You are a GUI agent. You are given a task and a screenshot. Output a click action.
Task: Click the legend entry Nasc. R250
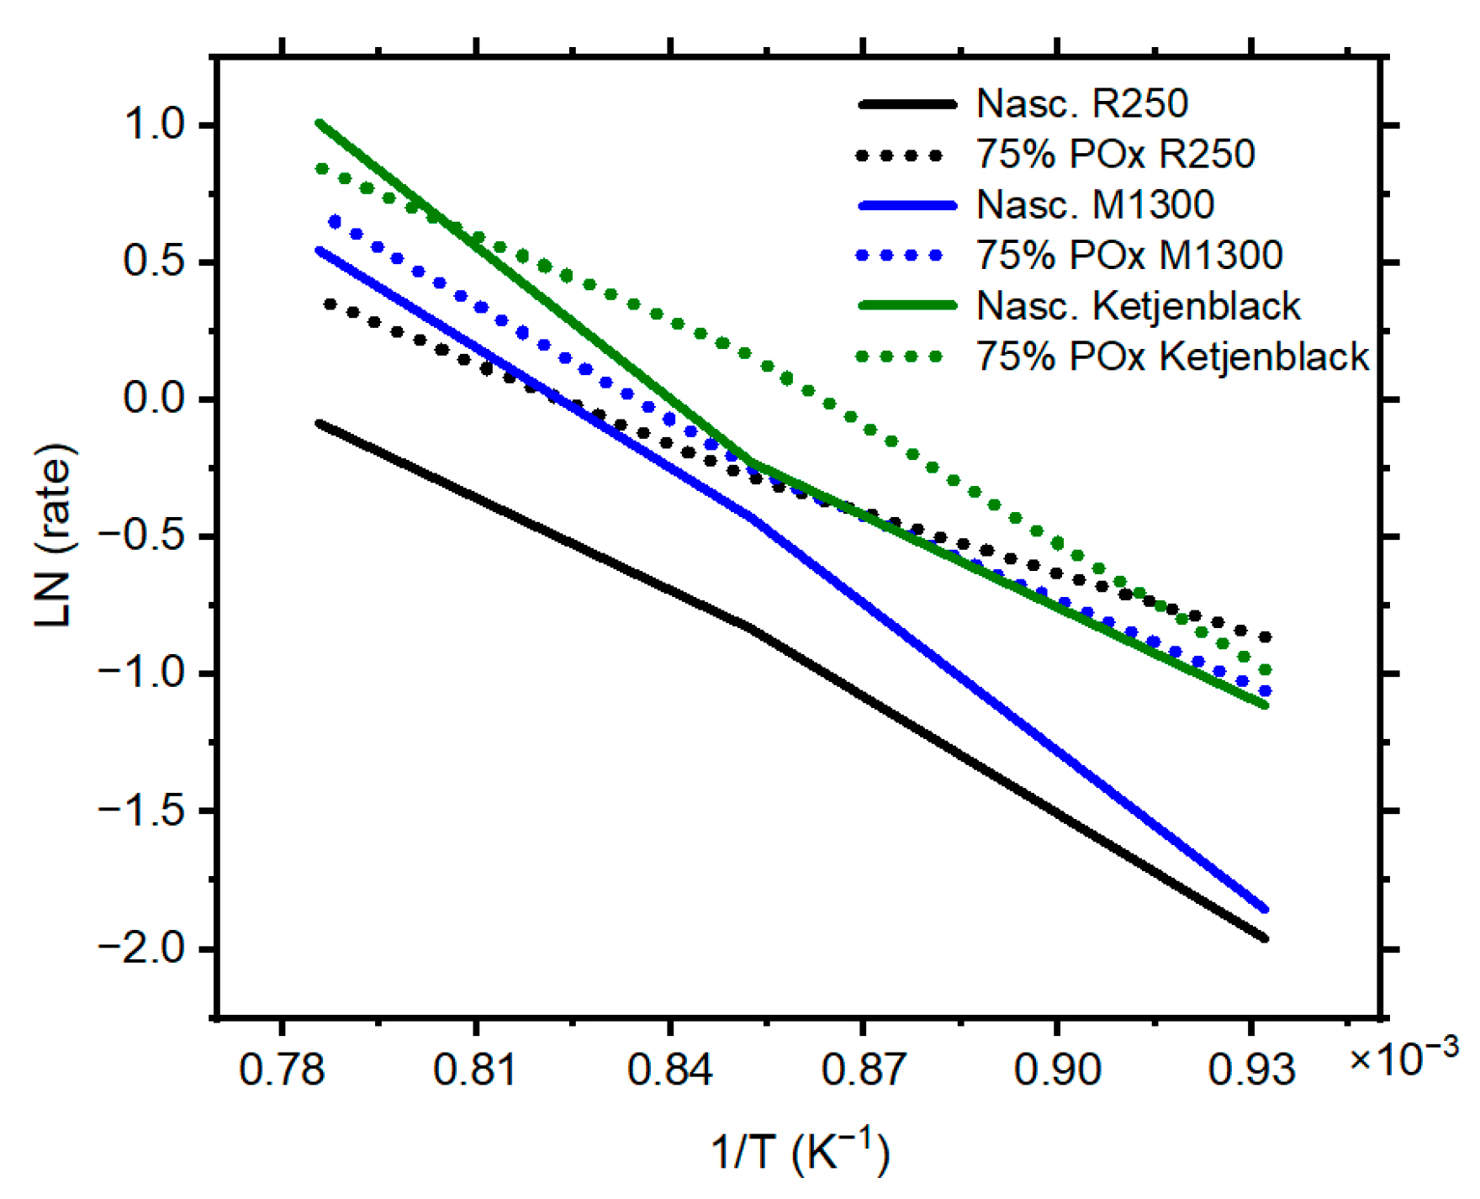1081,103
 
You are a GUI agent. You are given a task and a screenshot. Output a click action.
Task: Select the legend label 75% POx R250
1115,154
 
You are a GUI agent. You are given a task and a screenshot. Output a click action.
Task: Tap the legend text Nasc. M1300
1095,204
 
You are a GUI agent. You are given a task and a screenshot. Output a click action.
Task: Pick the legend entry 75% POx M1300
1128,255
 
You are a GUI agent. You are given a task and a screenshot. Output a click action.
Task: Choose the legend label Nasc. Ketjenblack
1138,305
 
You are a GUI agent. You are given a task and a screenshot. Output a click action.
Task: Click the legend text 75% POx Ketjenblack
1172,357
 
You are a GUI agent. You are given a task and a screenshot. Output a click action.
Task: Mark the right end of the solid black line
1265,938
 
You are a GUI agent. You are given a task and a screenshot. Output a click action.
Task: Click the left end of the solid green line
319,124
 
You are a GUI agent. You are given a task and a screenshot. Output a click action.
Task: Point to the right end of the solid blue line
1265,909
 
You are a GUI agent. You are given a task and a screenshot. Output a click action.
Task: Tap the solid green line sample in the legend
907,305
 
